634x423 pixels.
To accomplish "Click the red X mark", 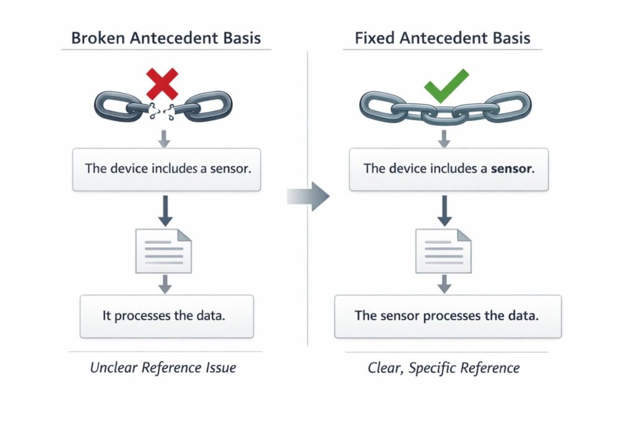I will coord(162,84).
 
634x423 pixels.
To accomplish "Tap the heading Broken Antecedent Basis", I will coord(166,38).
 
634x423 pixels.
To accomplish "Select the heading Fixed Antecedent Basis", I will coord(442,38).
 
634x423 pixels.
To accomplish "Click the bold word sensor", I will coord(511,168).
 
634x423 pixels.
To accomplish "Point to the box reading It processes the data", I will coord(167,316).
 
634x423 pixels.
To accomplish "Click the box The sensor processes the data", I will coord(447,316).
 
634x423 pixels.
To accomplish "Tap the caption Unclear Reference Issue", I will coord(163,367).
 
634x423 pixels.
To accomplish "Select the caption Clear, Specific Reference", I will coord(443,368).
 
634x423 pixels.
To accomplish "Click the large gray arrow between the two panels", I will coord(309,197).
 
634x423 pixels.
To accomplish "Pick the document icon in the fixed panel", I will coord(443,250).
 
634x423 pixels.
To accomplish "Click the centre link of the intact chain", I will coord(443,112).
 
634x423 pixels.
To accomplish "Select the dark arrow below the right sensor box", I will coord(443,210).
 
